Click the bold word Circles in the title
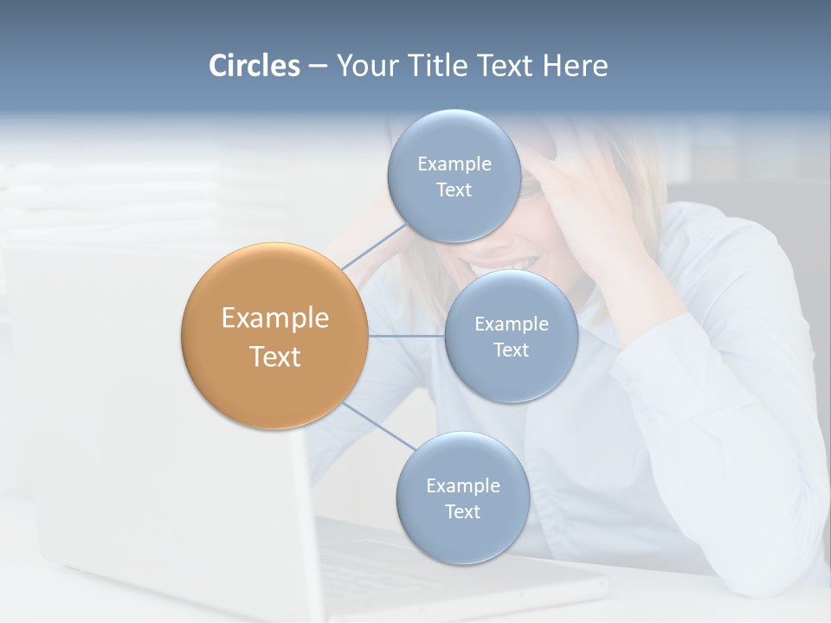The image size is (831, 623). click(254, 66)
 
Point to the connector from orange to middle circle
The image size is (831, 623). click(407, 336)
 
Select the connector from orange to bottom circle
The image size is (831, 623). click(379, 426)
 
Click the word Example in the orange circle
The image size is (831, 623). click(275, 318)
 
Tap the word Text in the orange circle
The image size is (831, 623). click(275, 356)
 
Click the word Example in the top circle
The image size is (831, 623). click(454, 164)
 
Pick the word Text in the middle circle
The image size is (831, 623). click(511, 350)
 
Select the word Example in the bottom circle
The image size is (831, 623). click(462, 485)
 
